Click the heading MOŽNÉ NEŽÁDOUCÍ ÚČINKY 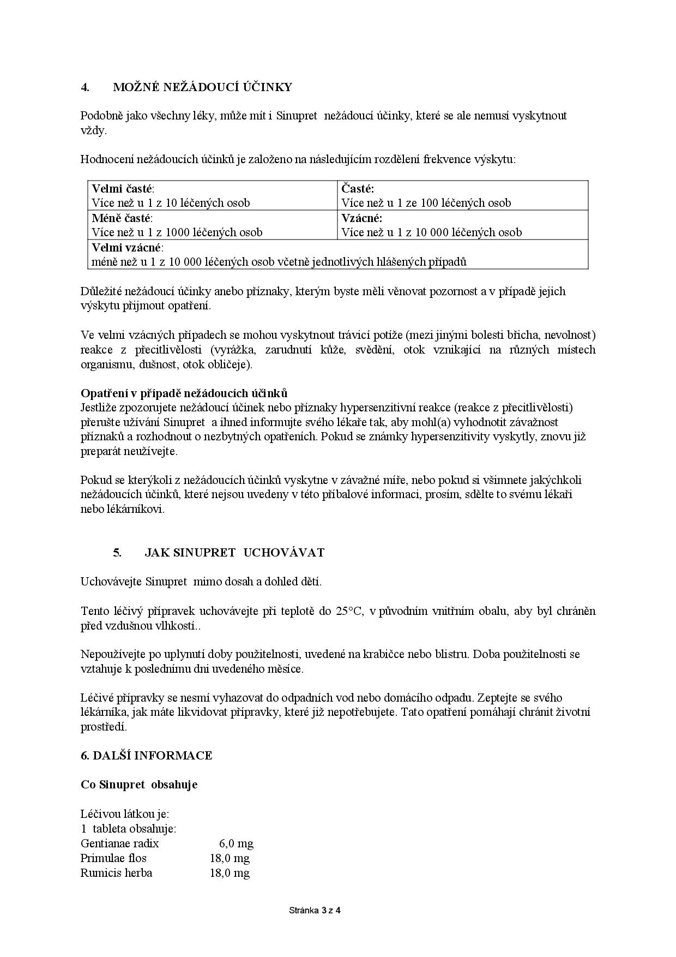[x=202, y=87]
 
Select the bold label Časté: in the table [x=358, y=189]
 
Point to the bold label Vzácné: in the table [x=362, y=218]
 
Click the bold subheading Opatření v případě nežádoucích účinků [x=184, y=393]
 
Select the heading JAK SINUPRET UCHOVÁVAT [x=234, y=553]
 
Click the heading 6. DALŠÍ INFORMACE [x=147, y=756]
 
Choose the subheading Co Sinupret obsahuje [x=139, y=785]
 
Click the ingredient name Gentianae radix [x=120, y=844]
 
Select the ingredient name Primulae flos [x=113, y=858]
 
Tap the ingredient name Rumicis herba [x=117, y=873]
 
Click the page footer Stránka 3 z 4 [x=315, y=910]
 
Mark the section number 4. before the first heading [x=85, y=87]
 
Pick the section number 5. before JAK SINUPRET [x=117, y=553]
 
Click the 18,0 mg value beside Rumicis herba [x=230, y=873]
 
